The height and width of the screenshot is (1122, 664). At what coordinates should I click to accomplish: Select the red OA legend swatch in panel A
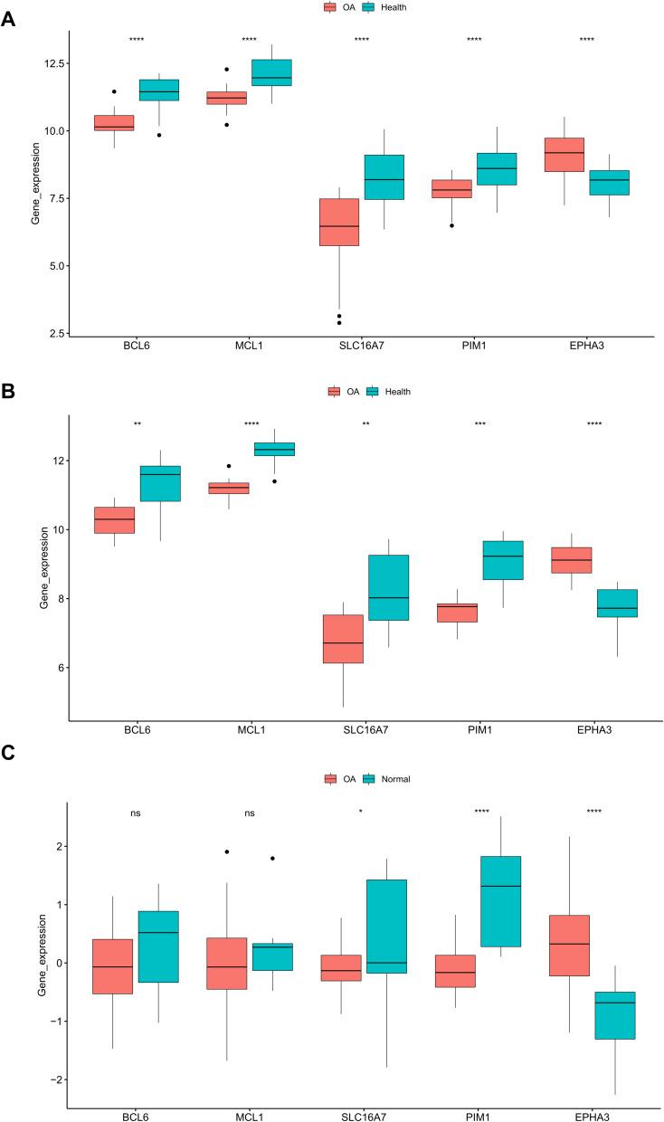click(x=331, y=7)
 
